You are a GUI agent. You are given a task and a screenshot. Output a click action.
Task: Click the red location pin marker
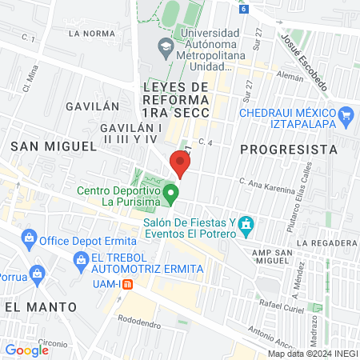181,164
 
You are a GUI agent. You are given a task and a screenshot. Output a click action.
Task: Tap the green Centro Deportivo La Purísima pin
170,193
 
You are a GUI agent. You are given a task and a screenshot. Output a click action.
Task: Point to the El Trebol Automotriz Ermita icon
80,258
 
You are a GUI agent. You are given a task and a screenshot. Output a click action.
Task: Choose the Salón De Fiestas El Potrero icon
247,225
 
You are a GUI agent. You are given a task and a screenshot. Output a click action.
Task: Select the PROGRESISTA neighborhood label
288,149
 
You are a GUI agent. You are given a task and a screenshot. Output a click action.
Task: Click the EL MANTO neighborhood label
39,306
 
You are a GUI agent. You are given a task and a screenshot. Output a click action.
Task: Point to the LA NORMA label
88,34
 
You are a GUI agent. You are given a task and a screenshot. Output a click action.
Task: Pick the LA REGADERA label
325,242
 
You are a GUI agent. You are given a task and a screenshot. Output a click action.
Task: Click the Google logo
26,350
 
